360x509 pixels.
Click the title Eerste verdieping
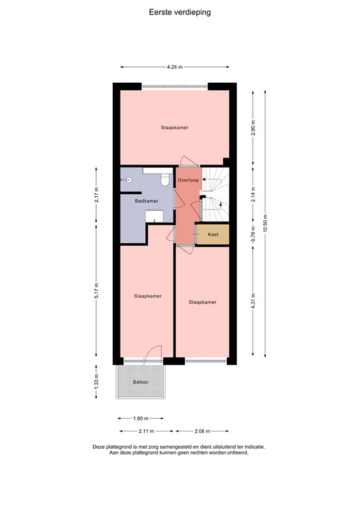(x=180, y=12)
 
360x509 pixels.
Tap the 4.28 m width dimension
(x=174, y=67)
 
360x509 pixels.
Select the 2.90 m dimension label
(x=252, y=127)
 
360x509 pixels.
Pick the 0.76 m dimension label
(x=252, y=235)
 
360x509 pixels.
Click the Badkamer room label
(x=146, y=201)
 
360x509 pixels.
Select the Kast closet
(x=213, y=235)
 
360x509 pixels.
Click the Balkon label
(x=140, y=382)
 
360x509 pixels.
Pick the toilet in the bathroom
(x=166, y=178)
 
